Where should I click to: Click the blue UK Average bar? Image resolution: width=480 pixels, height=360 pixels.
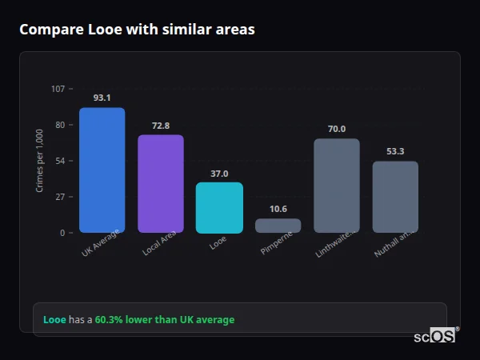pyautogui.click(x=102, y=170)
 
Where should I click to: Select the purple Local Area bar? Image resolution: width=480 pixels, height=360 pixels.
pyautogui.click(x=161, y=183)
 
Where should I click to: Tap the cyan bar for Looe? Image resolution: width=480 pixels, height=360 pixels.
pyautogui.click(x=219, y=207)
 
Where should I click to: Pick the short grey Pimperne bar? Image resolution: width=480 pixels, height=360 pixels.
pyautogui.click(x=278, y=226)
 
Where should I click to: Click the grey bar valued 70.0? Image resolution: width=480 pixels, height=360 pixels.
pyautogui.click(x=336, y=186)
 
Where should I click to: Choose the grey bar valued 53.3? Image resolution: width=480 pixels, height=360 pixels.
pyautogui.click(x=395, y=197)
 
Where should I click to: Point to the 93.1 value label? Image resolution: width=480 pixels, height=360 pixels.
pyautogui.click(x=102, y=98)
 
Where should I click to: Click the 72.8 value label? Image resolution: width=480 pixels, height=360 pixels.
pyautogui.click(x=161, y=126)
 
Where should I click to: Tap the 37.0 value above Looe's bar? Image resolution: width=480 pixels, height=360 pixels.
pyautogui.click(x=219, y=174)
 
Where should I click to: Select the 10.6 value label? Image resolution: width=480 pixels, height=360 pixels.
pyautogui.click(x=278, y=209)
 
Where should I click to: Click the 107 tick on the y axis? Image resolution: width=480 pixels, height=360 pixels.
pyautogui.click(x=58, y=89)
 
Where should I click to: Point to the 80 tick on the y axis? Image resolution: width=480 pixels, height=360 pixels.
pyautogui.click(x=60, y=125)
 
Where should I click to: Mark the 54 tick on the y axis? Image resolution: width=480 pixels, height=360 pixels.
pyautogui.click(x=60, y=161)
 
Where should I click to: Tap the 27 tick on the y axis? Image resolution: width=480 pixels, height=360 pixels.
pyautogui.click(x=60, y=197)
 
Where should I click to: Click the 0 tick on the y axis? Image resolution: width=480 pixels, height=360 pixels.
pyautogui.click(x=62, y=233)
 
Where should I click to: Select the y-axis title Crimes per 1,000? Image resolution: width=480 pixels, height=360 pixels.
pyautogui.click(x=40, y=161)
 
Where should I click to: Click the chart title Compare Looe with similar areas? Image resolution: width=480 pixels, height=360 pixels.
pyautogui.click(x=137, y=30)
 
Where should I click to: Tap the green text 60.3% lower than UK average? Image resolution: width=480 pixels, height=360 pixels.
pyautogui.click(x=165, y=320)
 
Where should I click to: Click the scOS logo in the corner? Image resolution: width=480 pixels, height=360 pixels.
pyautogui.click(x=435, y=336)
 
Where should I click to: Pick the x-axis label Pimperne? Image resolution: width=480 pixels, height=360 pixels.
pyautogui.click(x=277, y=244)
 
